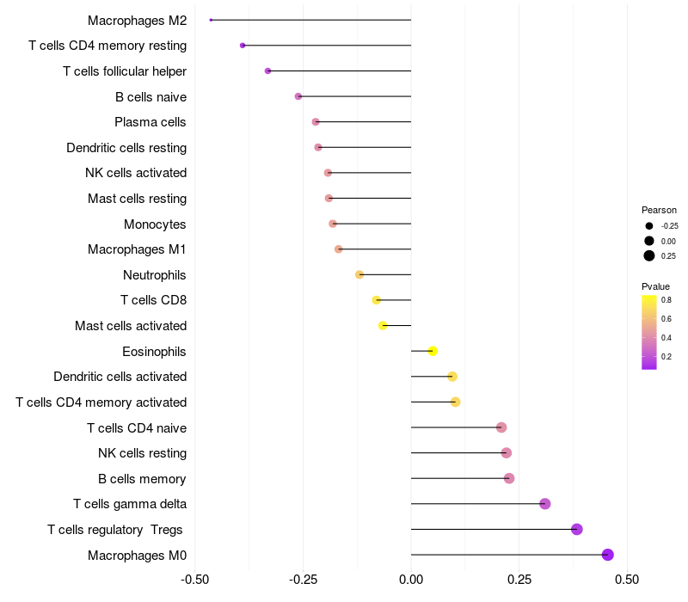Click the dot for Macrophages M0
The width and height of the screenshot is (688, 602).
(x=608, y=555)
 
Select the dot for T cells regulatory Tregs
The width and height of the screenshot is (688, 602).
(x=577, y=529)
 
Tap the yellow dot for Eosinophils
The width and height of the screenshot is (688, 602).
(x=433, y=351)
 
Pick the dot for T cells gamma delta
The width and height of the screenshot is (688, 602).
(x=544, y=504)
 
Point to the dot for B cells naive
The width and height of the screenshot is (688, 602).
(x=298, y=96)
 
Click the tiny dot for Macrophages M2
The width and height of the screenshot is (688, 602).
(x=211, y=20)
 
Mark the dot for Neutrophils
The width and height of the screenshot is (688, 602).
(x=359, y=274)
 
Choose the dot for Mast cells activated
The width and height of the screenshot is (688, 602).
(x=383, y=325)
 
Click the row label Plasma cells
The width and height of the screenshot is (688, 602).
(x=150, y=122)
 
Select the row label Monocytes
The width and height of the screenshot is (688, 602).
(x=155, y=224)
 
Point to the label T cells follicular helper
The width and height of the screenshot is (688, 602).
(x=125, y=71)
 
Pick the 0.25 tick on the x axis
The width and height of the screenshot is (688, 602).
(x=519, y=580)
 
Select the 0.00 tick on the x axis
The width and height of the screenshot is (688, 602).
(x=411, y=580)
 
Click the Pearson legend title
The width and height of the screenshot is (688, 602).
(x=659, y=210)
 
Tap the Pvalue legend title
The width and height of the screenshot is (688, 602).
(x=655, y=286)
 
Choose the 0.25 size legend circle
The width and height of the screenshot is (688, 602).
(x=649, y=255)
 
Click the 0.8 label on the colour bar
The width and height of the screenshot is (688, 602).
(x=666, y=300)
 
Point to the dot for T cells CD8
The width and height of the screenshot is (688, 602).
(x=376, y=300)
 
